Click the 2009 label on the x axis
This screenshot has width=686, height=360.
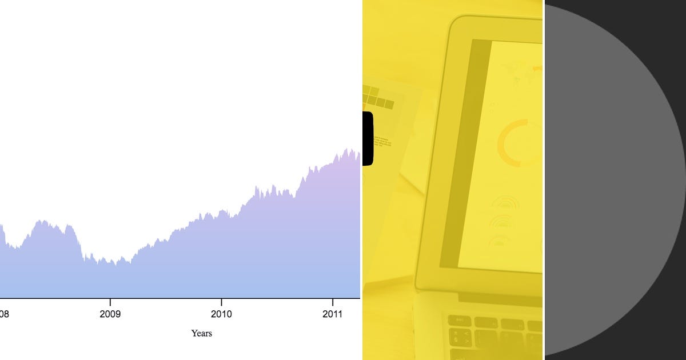pyautogui.click(x=110, y=314)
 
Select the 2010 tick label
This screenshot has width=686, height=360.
pyautogui.click(x=221, y=314)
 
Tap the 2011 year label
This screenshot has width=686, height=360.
pyautogui.click(x=333, y=314)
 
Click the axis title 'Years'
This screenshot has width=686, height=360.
pyautogui.click(x=201, y=333)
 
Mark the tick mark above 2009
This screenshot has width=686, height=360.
pyautogui.click(x=110, y=301)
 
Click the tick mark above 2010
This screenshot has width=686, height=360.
pyautogui.click(x=221, y=301)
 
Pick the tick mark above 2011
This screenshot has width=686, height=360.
pyautogui.click(x=333, y=301)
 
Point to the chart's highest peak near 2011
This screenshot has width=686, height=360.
pyautogui.click(x=346, y=150)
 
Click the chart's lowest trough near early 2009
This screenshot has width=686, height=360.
pyautogui.click(x=114, y=264)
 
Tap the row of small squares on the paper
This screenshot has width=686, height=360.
pyautogui.click(x=378, y=98)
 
